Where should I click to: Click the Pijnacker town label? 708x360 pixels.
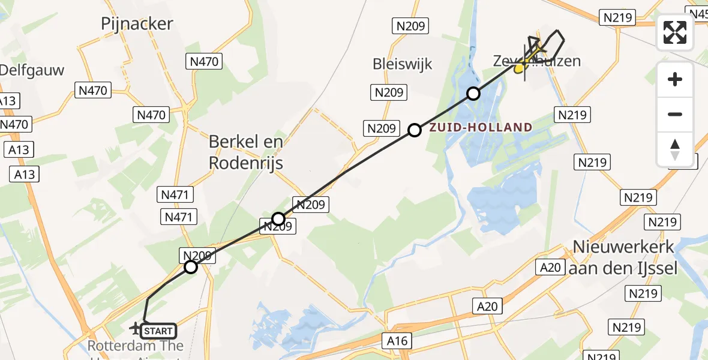coord(137,24)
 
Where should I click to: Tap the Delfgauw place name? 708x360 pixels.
coord(31,70)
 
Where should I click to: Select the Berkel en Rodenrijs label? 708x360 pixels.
coord(246,152)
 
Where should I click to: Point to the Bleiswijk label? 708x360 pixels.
coord(402,64)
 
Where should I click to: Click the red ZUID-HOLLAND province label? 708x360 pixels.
coord(480,127)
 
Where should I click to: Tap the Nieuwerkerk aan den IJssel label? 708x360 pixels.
coord(624,257)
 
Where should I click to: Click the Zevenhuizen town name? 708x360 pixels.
coord(537,61)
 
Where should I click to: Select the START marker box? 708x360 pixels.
coord(159,331)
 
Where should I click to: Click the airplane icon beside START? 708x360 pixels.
coord(136,328)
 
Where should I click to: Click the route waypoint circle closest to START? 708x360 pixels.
coord(191,267)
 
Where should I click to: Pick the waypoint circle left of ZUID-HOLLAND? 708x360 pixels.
coord(415,130)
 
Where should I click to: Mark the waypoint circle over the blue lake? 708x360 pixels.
coord(474,94)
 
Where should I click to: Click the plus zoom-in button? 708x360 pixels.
coord(675,79)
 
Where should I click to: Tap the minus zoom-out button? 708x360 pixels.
coord(675,114)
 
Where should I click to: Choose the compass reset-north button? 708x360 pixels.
coord(675,149)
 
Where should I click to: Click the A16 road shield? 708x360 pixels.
coord(397,341)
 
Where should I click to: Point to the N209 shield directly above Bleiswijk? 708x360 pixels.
coord(410,26)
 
